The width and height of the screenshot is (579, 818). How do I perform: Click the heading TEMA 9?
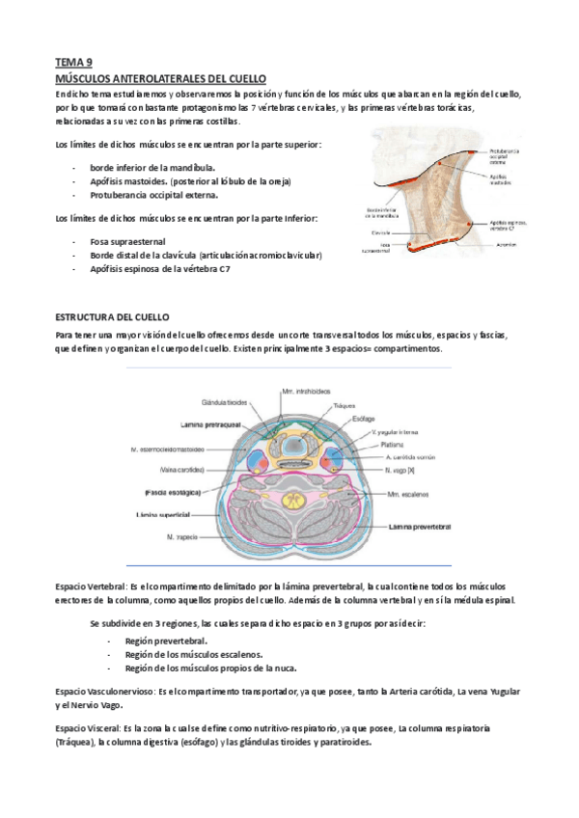point(71,60)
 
